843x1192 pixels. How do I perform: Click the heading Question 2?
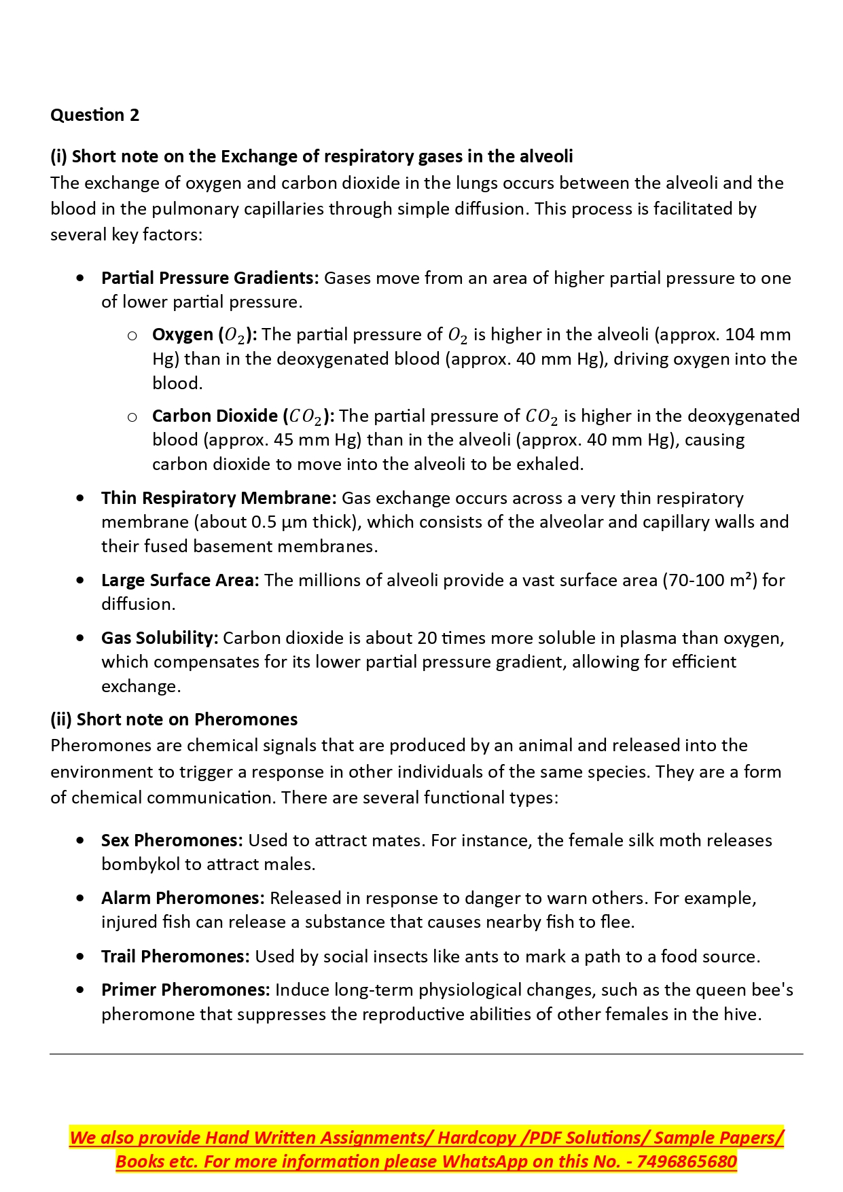click(x=94, y=115)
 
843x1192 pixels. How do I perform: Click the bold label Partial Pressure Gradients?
click(x=210, y=278)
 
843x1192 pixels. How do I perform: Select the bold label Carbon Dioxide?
click(x=215, y=416)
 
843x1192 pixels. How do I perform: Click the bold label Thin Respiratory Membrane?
click(x=219, y=498)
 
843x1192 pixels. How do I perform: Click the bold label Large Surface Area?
click(x=180, y=580)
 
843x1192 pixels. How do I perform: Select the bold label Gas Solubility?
click(x=160, y=638)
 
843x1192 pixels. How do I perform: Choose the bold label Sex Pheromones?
click(x=172, y=840)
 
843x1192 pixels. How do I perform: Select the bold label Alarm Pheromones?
click(x=183, y=898)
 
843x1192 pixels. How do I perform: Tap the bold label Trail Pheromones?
click(x=175, y=956)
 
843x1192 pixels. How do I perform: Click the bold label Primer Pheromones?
click(x=185, y=990)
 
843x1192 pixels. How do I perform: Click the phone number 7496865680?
click(x=687, y=1161)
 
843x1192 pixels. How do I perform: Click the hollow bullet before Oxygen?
click(x=132, y=335)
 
